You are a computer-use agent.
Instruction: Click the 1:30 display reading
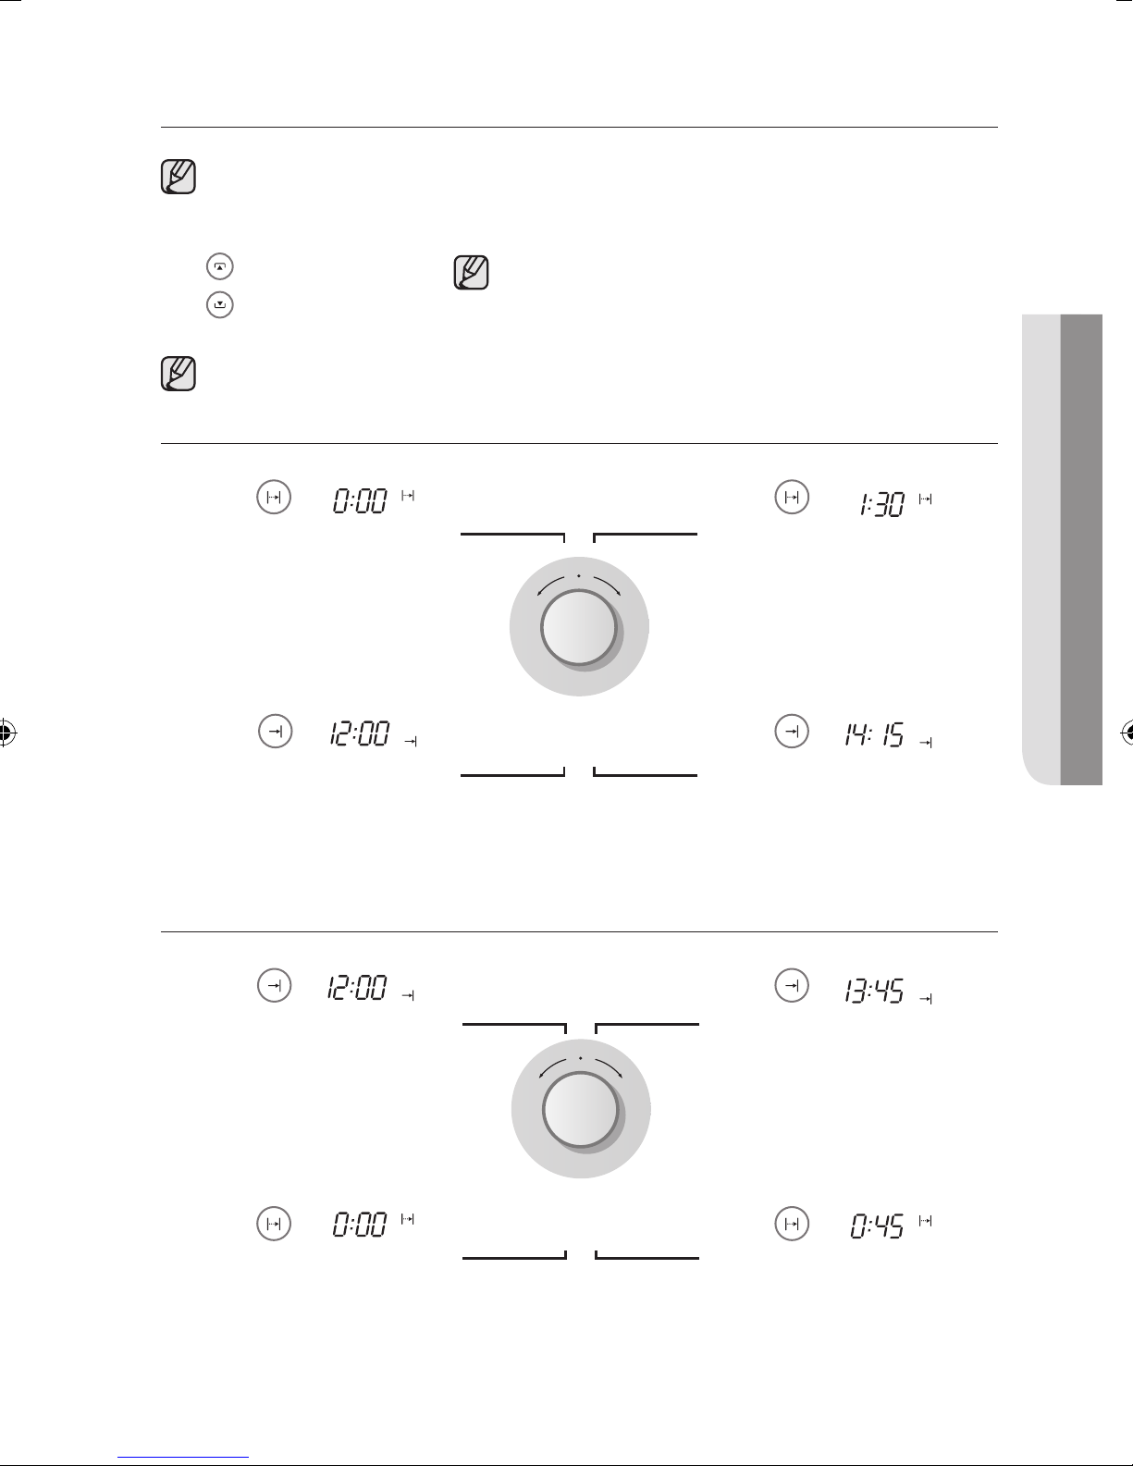tap(881, 504)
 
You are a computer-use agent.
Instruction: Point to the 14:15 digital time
tap(874, 734)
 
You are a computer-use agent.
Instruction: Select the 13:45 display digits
tap(874, 991)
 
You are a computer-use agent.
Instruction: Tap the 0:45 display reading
tap(877, 1226)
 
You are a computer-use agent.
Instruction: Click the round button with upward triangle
tap(220, 266)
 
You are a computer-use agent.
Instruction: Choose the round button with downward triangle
tap(220, 305)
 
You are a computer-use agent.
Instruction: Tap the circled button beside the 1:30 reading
tap(792, 498)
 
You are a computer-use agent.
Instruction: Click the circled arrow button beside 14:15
tap(792, 732)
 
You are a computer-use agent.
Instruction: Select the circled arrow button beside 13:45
tap(792, 986)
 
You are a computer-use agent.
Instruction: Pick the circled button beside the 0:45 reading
tap(792, 1224)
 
